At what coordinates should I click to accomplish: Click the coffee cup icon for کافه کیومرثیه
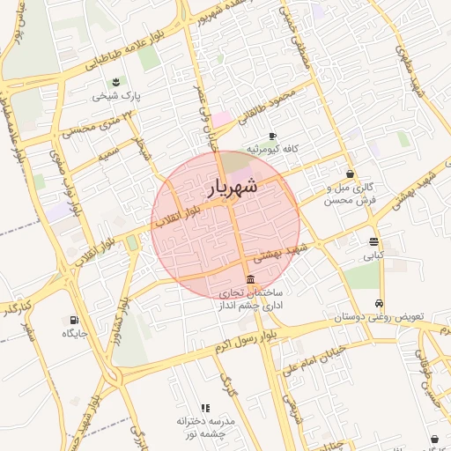pyautogui.click(x=272, y=136)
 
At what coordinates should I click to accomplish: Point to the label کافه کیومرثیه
pyautogui.click(x=273, y=149)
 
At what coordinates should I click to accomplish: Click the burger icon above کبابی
pyautogui.click(x=374, y=241)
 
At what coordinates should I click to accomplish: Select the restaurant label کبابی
pyautogui.click(x=374, y=255)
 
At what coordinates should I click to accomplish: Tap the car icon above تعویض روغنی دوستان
pyautogui.click(x=380, y=302)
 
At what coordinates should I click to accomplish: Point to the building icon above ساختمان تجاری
pyautogui.click(x=251, y=279)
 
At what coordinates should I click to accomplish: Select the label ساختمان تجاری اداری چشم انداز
pyautogui.click(x=251, y=298)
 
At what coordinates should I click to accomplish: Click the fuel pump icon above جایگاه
pyautogui.click(x=72, y=320)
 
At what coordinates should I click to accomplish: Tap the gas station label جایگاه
pyautogui.click(x=72, y=334)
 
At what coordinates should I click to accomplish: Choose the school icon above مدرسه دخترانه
pyautogui.click(x=205, y=408)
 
